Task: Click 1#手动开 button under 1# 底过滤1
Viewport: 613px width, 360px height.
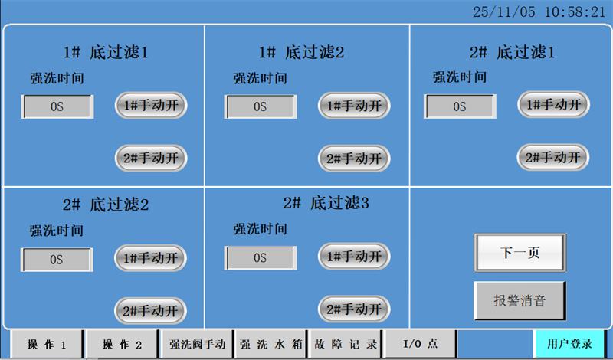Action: [x=152, y=105]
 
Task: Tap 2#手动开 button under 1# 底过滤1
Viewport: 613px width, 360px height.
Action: [x=152, y=158]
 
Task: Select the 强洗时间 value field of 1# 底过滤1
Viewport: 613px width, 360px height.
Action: [x=57, y=106]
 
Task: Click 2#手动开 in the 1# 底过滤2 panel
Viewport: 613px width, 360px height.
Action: [x=354, y=158]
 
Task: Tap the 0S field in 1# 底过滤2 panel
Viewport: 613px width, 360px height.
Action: [x=260, y=106]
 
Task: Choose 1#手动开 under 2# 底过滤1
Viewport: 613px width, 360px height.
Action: [x=553, y=104]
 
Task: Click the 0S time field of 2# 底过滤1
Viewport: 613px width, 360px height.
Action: [x=460, y=106]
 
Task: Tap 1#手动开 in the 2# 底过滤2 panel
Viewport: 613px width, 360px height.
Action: [x=150, y=258]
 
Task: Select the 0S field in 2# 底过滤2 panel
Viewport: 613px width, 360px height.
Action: [x=57, y=259]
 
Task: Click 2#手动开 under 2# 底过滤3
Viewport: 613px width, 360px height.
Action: [x=354, y=309]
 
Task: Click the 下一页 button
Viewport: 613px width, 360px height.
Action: [x=520, y=253]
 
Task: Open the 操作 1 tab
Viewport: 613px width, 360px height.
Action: [x=47, y=345]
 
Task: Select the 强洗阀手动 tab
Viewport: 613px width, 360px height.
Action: [x=197, y=345]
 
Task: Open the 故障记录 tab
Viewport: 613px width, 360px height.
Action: [x=346, y=345]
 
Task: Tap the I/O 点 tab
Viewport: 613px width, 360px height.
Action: [x=419, y=345]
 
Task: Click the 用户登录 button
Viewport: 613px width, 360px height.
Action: [x=570, y=344]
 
